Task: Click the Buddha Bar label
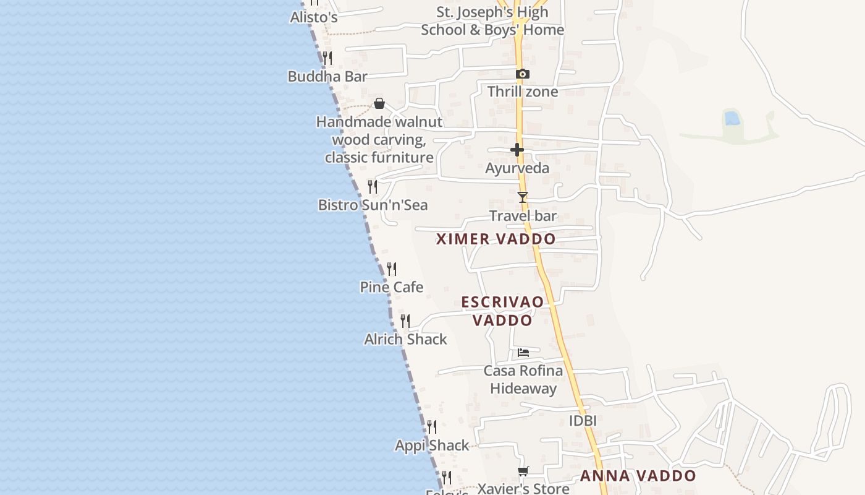coord(327,77)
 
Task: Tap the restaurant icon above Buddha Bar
coord(327,58)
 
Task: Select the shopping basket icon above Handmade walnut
coord(379,103)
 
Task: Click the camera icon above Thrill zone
coord(522,74)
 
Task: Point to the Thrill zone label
coord(522,92)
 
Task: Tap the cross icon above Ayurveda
coord(517,150)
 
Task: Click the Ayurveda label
coord(517,168)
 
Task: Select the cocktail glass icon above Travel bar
coord(523,197)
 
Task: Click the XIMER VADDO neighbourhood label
coord(496,239)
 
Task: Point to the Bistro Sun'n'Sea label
coord(373,205)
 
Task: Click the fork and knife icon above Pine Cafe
coord(392,269)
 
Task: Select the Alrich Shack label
coord(405,339)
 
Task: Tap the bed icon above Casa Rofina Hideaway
coord(523,353)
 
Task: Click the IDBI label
coord(583,421)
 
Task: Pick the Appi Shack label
coord(432,445)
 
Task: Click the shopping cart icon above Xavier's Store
coord(523,471)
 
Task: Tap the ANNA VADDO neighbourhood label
coord(638,476)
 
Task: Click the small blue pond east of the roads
coord(732,118)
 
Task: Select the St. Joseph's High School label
coord(492,21)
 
